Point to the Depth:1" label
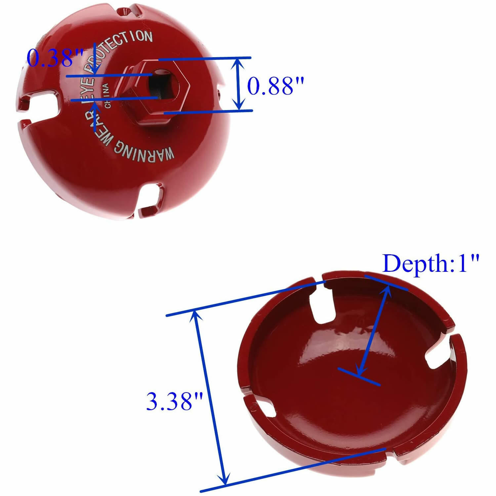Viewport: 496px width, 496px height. click(431, 264)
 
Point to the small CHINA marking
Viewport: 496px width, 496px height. click(106, 96)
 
